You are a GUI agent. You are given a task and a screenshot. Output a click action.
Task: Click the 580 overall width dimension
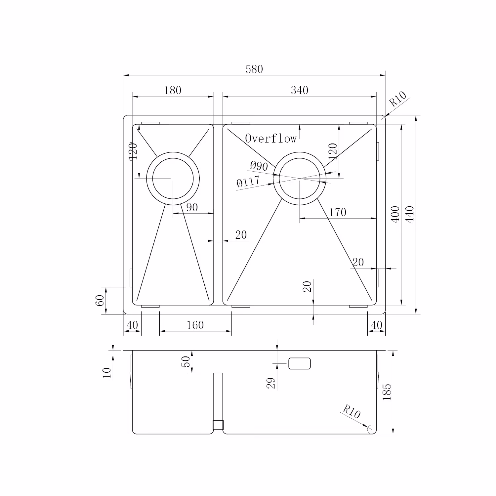coord(254,69)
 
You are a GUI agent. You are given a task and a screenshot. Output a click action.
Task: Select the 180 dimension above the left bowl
coord(173,90)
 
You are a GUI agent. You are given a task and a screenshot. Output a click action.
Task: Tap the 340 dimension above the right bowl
coord(300,90)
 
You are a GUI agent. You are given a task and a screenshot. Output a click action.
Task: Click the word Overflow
coord(271,138)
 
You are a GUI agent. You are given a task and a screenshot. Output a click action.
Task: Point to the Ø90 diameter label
coord(259,165)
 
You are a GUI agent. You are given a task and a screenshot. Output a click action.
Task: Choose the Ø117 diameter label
coord(248,182)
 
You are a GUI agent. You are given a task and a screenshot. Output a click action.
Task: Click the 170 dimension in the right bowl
coord(338,212)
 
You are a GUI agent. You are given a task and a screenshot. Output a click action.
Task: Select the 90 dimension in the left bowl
coord(192,207)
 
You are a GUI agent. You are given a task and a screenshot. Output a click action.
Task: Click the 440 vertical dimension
coord(410,214)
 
